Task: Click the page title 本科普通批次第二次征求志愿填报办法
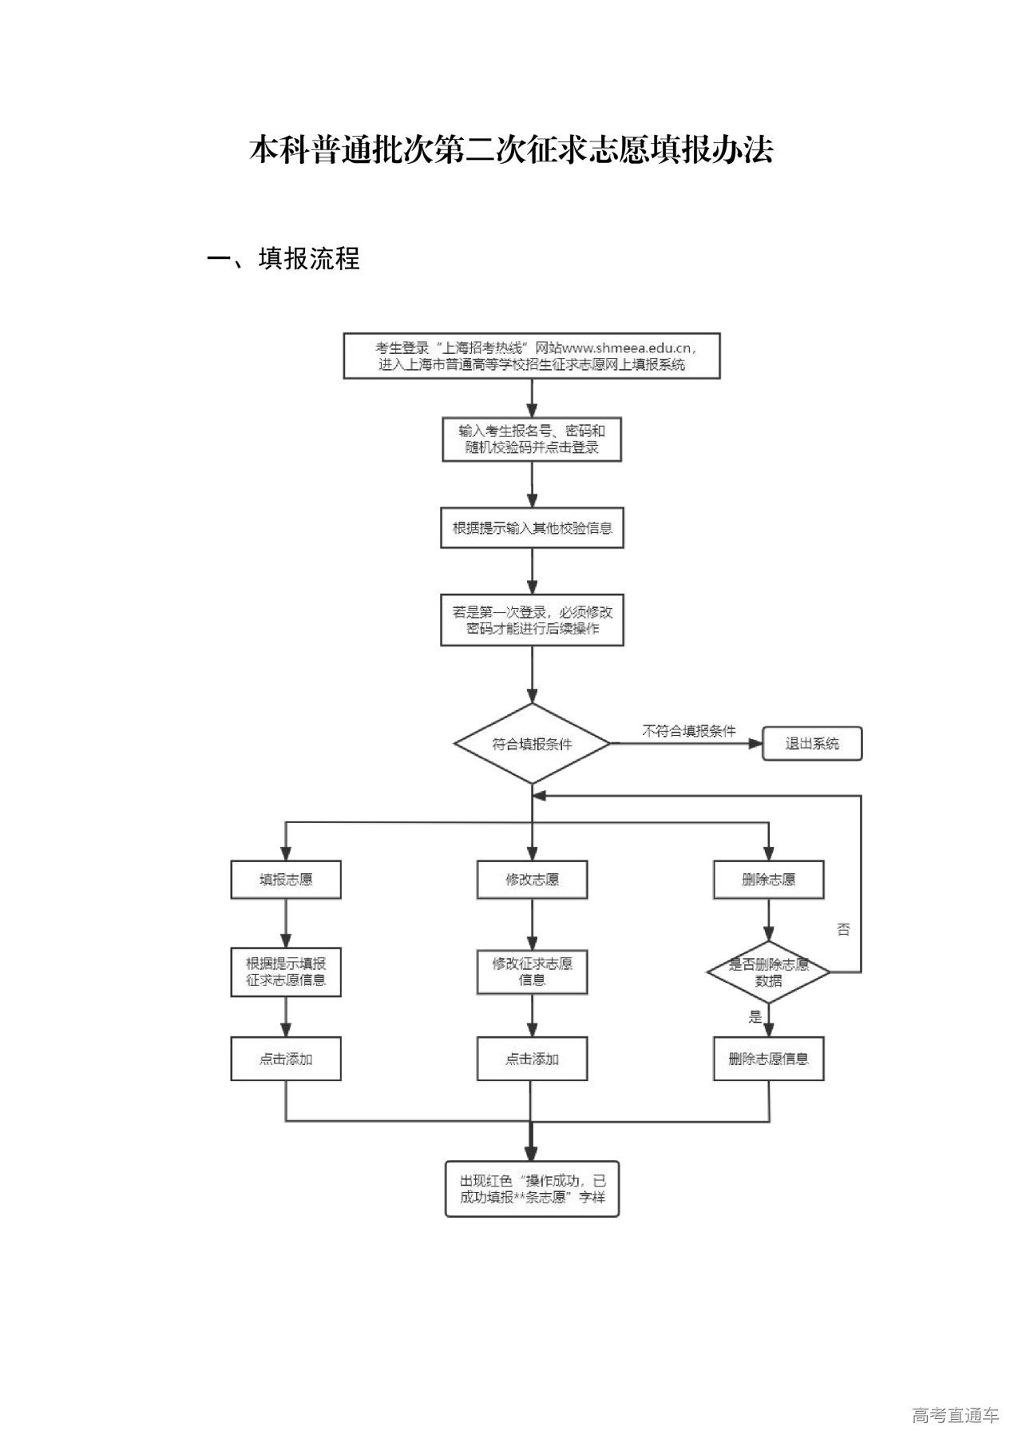coord(511,150)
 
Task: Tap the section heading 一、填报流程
coord(283,258)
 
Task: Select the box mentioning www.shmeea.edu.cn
coord(532,356)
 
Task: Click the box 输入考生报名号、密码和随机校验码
coord(532,439)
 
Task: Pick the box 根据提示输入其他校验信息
coord(532,528)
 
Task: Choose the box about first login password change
coord(532,620)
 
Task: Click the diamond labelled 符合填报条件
coord(532,744)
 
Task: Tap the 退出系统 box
coord(812,744)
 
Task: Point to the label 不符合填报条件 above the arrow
coord(689,730)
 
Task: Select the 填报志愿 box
coord(286,880)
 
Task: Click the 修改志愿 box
coord(532,880)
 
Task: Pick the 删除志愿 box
coord(768,880)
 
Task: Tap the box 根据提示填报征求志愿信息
coord(286,972)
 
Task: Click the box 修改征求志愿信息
coord(532,972)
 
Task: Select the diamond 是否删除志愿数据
coord(768,972)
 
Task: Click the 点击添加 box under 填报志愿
coord(286,1059)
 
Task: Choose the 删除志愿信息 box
coord(768,1059)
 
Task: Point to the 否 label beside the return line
coord(843,929)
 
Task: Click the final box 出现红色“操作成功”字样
coord(532,1189)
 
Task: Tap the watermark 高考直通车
coord(955,1415)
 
